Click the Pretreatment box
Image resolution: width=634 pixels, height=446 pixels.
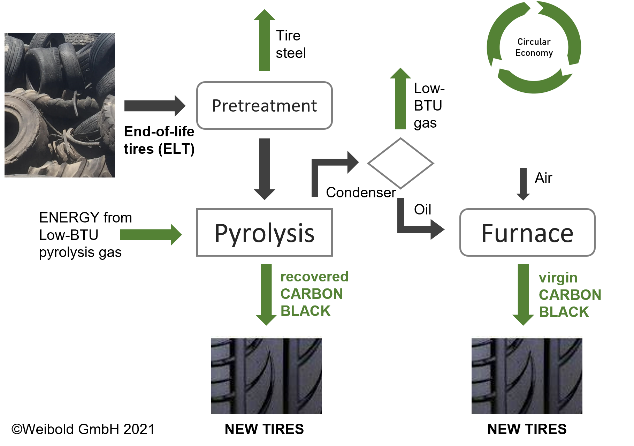point(264,105)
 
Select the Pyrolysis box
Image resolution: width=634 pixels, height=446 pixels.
point(264,233)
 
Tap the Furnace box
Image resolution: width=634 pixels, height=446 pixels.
point(527,233)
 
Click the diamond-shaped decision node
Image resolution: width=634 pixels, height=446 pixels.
point(400,163)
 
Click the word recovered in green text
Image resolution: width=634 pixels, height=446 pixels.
point(314,277)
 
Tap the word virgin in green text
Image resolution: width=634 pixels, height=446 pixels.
point(558,278)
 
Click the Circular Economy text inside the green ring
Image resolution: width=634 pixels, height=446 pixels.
point(534,47)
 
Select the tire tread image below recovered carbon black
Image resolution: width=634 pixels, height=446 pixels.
point(266,375)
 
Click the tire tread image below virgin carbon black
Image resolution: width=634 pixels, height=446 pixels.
point(527,375)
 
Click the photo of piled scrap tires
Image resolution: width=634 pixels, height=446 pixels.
point(60,105)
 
